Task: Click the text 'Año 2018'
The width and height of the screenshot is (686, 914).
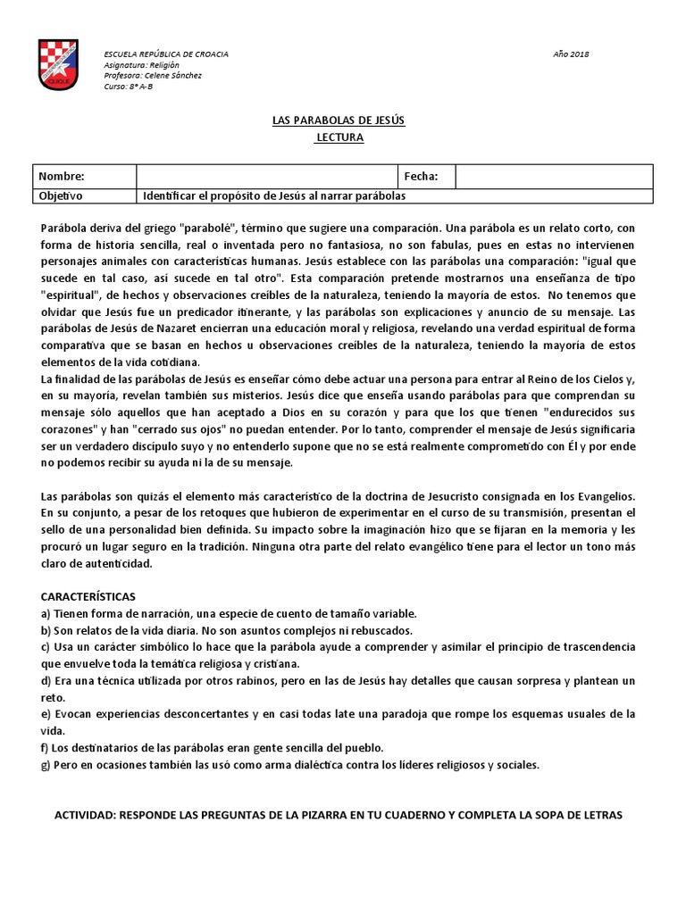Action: pos(572,54)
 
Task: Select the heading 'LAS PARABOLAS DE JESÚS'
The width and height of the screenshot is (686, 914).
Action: pos(342,120)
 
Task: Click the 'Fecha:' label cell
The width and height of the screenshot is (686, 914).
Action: pos(422,177)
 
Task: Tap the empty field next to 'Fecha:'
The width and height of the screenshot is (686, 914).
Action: pos(554,177)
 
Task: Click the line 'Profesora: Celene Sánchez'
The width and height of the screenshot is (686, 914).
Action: pos(153,76)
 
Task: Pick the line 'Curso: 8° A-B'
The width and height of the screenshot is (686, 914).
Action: pos(130,87)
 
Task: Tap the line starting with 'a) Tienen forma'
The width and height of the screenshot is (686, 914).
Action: pos(229,613)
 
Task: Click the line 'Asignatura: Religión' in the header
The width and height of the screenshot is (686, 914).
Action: pos(142,65)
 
